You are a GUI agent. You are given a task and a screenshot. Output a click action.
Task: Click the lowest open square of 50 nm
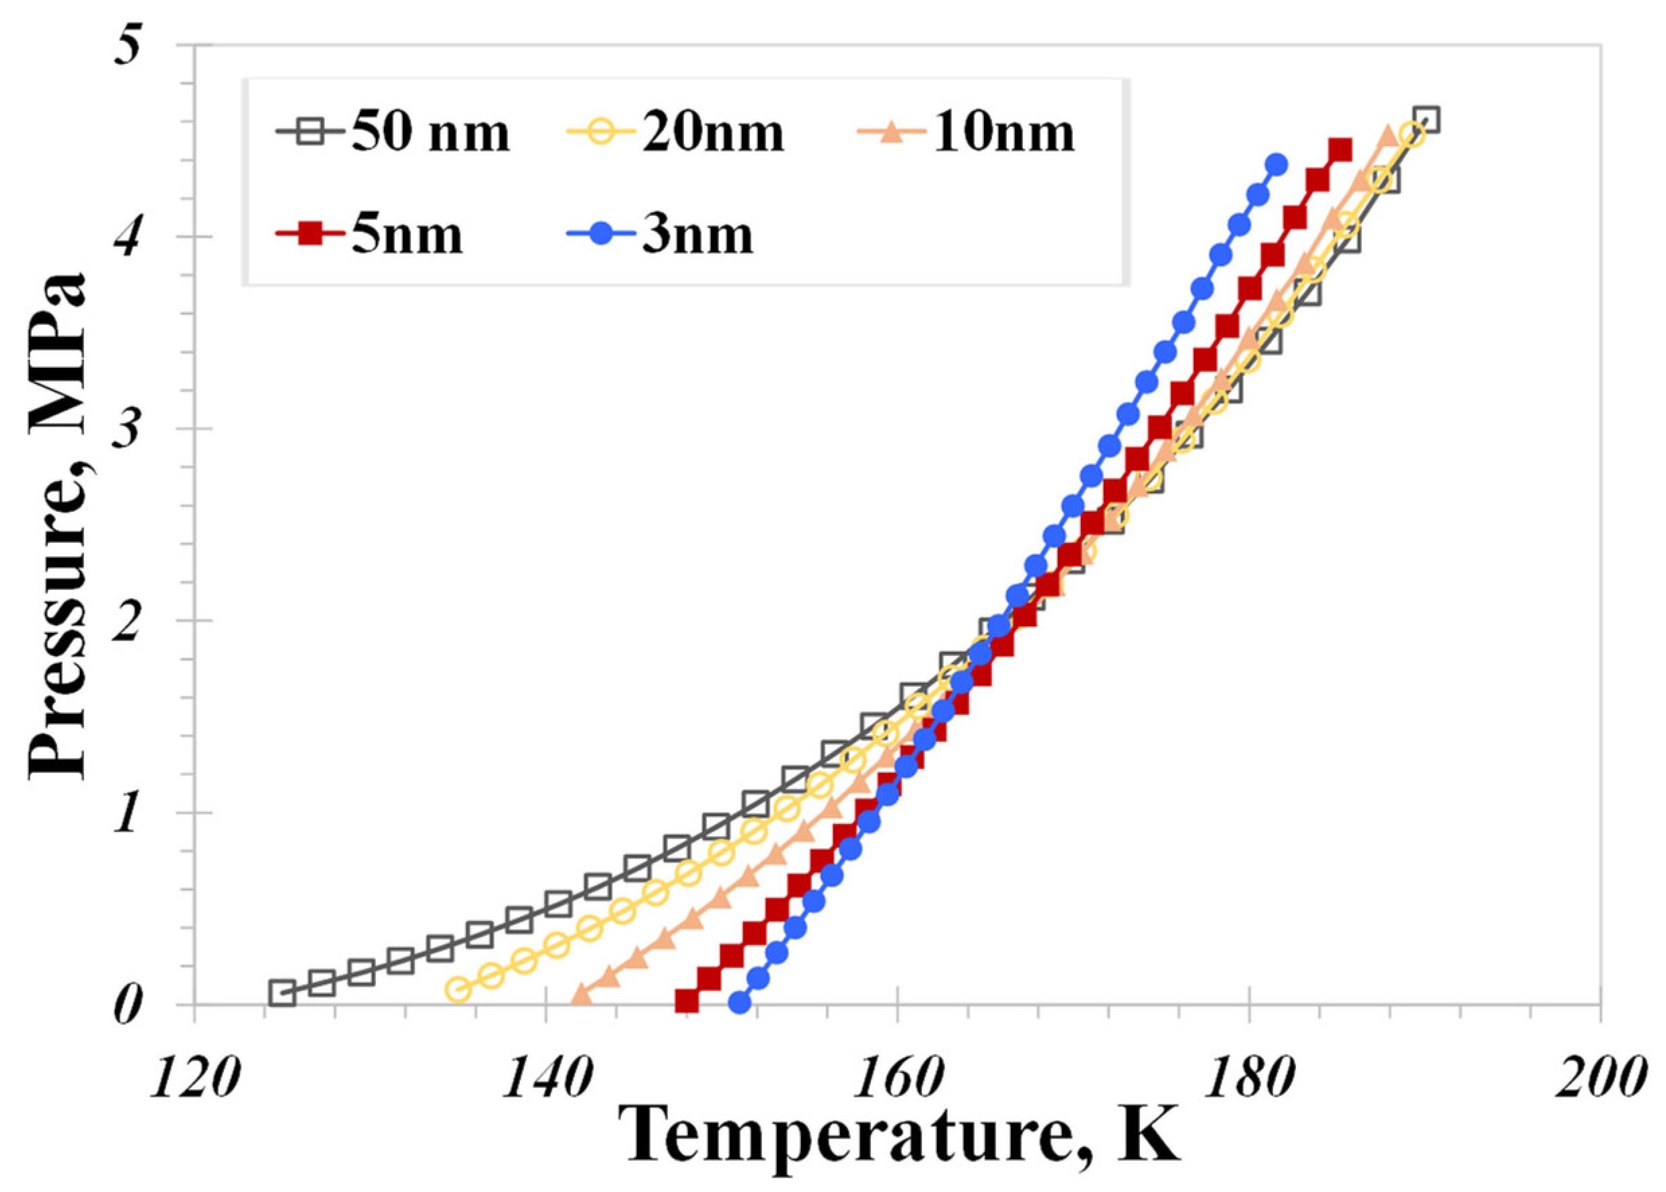point(282,992)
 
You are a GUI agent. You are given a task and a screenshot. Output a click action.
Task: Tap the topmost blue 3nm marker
point(1277,163)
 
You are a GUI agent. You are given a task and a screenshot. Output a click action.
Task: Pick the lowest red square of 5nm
point(686,1000)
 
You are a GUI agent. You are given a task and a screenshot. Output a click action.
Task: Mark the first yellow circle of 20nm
point(458,989)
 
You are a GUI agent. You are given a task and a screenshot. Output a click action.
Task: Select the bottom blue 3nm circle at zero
point(740,1002)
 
